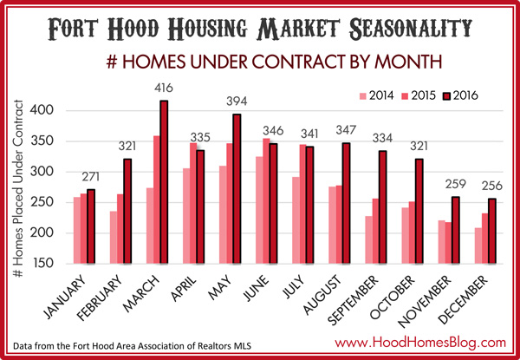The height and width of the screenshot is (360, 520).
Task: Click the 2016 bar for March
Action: [164, 182]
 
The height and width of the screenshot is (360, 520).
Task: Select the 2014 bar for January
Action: [77, 230]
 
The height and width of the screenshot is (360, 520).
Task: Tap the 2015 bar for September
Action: [375, 232]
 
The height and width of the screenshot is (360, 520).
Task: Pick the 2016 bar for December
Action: [492, 232]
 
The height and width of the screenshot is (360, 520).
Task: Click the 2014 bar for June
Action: [259, 210]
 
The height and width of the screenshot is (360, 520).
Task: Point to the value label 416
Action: [164, 88]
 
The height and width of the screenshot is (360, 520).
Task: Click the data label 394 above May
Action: [237, 101]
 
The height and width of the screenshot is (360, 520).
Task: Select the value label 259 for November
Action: [456, 184]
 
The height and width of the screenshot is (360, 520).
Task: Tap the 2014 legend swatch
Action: [363, 96]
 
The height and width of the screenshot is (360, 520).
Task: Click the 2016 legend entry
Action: [461, 96]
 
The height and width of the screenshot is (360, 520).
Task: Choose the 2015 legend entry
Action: [419, 96]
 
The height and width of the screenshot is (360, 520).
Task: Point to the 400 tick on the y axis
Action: [42, 110]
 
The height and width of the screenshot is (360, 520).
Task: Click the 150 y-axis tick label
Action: [42, 264]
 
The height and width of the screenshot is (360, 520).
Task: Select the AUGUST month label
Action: [322, 295]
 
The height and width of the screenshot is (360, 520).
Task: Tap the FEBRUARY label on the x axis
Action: [100, 299]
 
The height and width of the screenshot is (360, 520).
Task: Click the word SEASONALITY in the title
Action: [411, 29]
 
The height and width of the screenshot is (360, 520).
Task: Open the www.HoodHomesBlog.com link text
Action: [420, 342]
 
